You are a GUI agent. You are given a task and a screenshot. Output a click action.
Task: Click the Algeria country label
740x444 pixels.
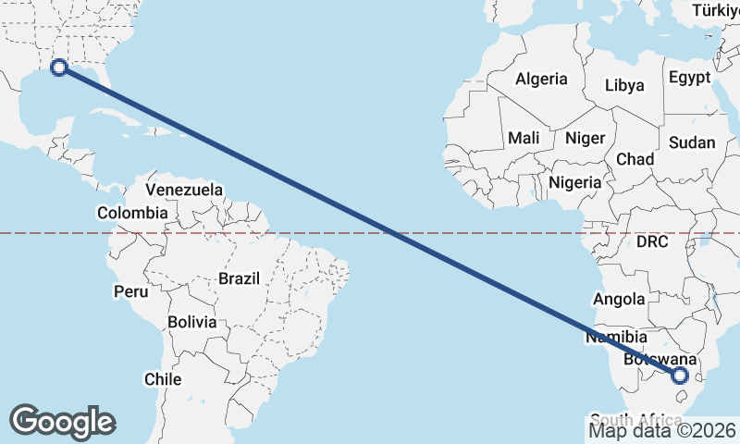[541, 79]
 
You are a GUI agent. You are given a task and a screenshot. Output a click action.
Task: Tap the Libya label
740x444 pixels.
[624, 85]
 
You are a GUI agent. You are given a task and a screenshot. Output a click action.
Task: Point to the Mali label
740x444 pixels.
[524, 138]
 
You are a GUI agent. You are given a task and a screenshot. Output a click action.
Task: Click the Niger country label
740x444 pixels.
[585, 138]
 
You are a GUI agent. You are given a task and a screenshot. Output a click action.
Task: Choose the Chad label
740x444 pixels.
[635, 159]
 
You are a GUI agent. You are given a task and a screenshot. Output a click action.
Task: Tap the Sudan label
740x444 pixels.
[692, 142]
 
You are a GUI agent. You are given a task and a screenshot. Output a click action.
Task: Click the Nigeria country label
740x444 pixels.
[574, 182]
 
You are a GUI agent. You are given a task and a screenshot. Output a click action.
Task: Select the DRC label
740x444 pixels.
[652, 241]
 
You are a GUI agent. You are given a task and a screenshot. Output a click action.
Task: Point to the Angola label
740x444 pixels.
[619, 299]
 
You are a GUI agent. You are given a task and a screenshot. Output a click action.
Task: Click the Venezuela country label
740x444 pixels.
[185, 190]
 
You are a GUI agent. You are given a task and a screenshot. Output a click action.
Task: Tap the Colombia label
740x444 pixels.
[132, 213]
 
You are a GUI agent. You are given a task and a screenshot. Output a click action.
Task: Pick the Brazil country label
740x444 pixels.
[240, 277]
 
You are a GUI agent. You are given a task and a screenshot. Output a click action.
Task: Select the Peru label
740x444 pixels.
[130, 291]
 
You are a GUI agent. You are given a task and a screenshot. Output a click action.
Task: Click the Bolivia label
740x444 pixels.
[192, 323]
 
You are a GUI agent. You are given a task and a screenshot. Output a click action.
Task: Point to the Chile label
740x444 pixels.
[162, 378]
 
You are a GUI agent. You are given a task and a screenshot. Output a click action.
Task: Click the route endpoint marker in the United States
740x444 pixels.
[59, 67]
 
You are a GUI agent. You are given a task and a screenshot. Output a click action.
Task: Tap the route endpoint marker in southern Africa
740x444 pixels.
[680, 375]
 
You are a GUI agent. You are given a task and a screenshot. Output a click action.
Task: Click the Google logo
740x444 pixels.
[62, 422]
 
